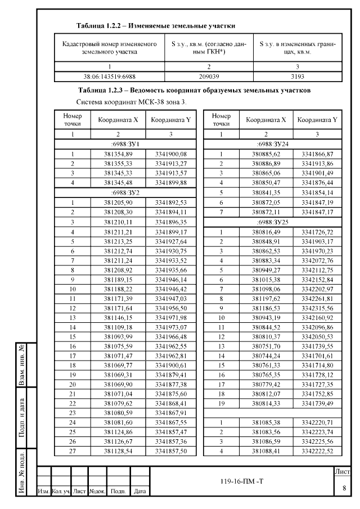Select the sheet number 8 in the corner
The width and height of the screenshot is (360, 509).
[344, 488]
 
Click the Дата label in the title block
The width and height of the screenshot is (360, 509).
[141, 492]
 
